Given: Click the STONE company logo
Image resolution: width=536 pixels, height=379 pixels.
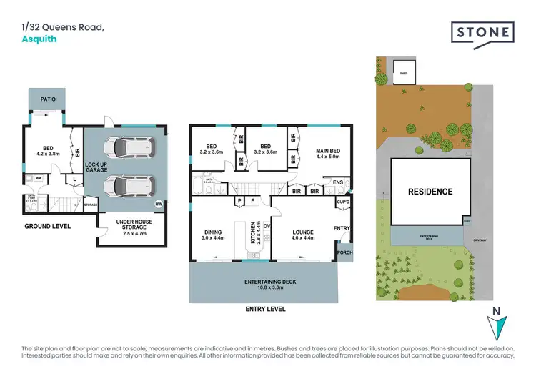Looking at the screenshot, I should tap(482, 33).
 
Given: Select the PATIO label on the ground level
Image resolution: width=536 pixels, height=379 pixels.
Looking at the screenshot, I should tap(48, 100).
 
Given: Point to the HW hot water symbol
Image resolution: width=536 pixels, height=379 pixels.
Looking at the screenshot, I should tap(167, 202).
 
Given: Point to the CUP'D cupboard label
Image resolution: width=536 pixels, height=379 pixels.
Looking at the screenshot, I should tap(343, 202).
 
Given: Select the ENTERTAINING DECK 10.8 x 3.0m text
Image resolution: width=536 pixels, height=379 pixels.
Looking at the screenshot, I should tap(261, 284).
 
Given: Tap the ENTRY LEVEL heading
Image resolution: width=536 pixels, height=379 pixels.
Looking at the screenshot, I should tap(264, 309).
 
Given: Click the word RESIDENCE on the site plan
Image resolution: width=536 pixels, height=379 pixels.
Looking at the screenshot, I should tap(430, 192).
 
